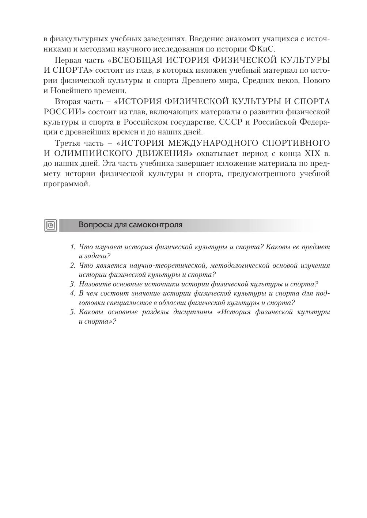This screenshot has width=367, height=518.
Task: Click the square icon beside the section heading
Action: tap(51, 225)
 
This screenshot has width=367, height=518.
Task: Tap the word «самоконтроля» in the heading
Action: tap(155, 225)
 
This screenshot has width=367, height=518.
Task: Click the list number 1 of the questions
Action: tap(72, 247)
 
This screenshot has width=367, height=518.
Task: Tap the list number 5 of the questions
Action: tap(72, 312)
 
